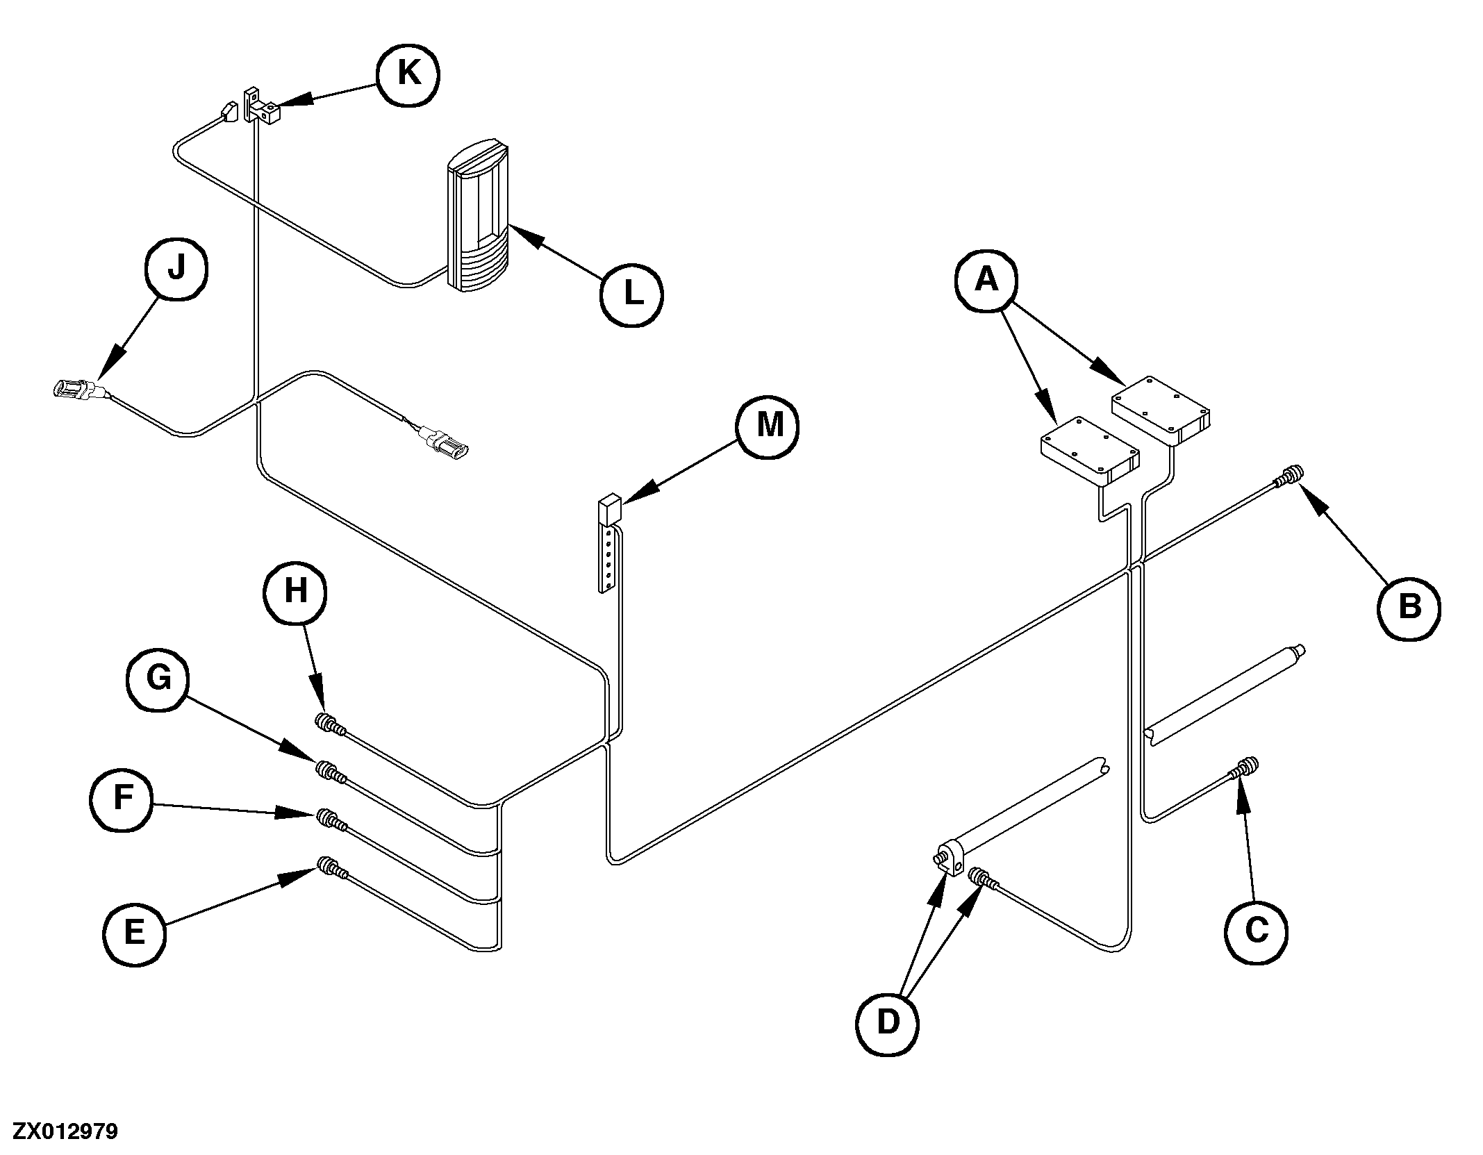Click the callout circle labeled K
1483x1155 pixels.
coord(408,74)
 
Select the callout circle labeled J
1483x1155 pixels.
coord(176,268)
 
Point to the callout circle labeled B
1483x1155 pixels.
coord(1409,608)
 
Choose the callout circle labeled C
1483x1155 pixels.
coord(1256,931)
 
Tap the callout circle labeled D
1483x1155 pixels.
coord(888,1022)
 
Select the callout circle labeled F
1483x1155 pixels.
coord(122,799)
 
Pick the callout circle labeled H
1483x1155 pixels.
coord(295,592)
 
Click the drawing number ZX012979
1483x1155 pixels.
coord(65,1132)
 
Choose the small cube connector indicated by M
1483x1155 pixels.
coord(609,509)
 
